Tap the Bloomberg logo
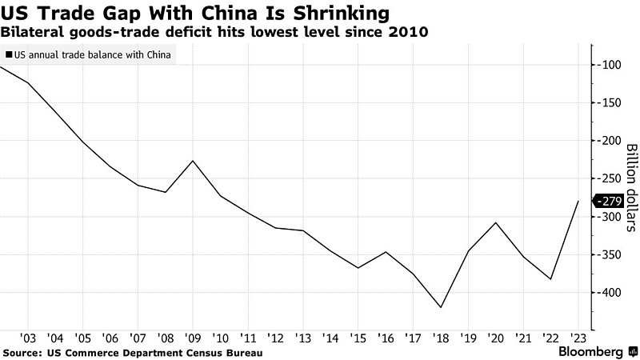coord(592,352)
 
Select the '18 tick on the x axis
coord(441,338)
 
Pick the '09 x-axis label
coord(193,338)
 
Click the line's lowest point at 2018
coord(441,307)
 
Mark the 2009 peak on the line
coord(193,161)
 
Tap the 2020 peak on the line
coord(496,222)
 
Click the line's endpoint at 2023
coord(578,202)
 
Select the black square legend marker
coord(9,55)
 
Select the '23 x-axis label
coord(578,338)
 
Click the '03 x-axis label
coord(28,338)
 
